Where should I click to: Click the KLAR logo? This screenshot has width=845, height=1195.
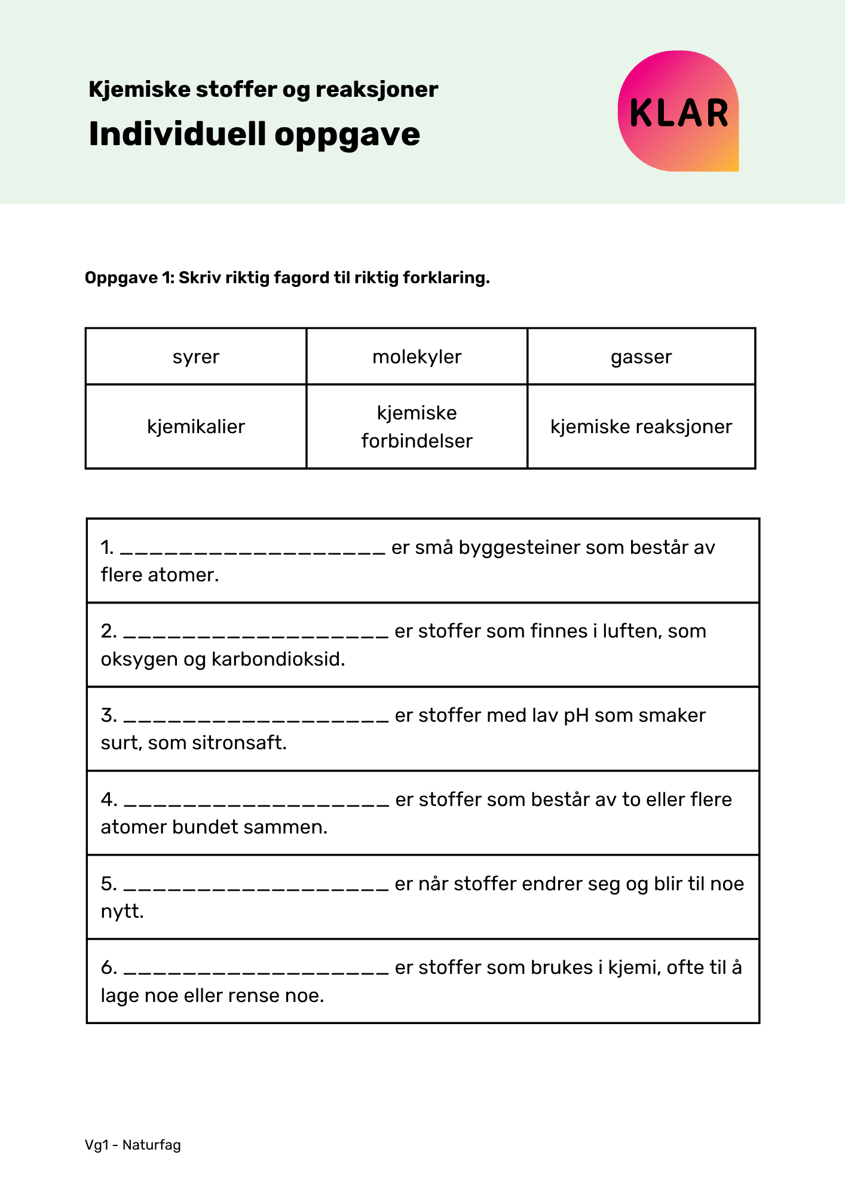678,112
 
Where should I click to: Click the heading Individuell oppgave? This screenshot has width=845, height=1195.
254,134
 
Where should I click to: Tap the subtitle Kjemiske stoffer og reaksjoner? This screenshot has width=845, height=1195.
263,90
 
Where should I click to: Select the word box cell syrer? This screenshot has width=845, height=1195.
196,357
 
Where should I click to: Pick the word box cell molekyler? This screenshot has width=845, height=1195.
417,357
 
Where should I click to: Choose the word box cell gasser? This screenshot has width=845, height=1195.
641,357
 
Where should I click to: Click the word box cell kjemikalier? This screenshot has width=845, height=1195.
196,427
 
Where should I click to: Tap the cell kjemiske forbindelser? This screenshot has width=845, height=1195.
417,427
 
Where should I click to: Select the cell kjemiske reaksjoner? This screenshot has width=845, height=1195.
641,427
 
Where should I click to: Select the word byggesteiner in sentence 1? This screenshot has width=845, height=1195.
519,548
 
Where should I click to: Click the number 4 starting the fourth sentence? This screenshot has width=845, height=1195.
108,799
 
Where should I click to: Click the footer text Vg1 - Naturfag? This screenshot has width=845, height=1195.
133,1145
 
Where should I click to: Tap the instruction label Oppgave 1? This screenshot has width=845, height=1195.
128,278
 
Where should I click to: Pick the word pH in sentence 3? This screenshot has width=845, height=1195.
576,716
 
